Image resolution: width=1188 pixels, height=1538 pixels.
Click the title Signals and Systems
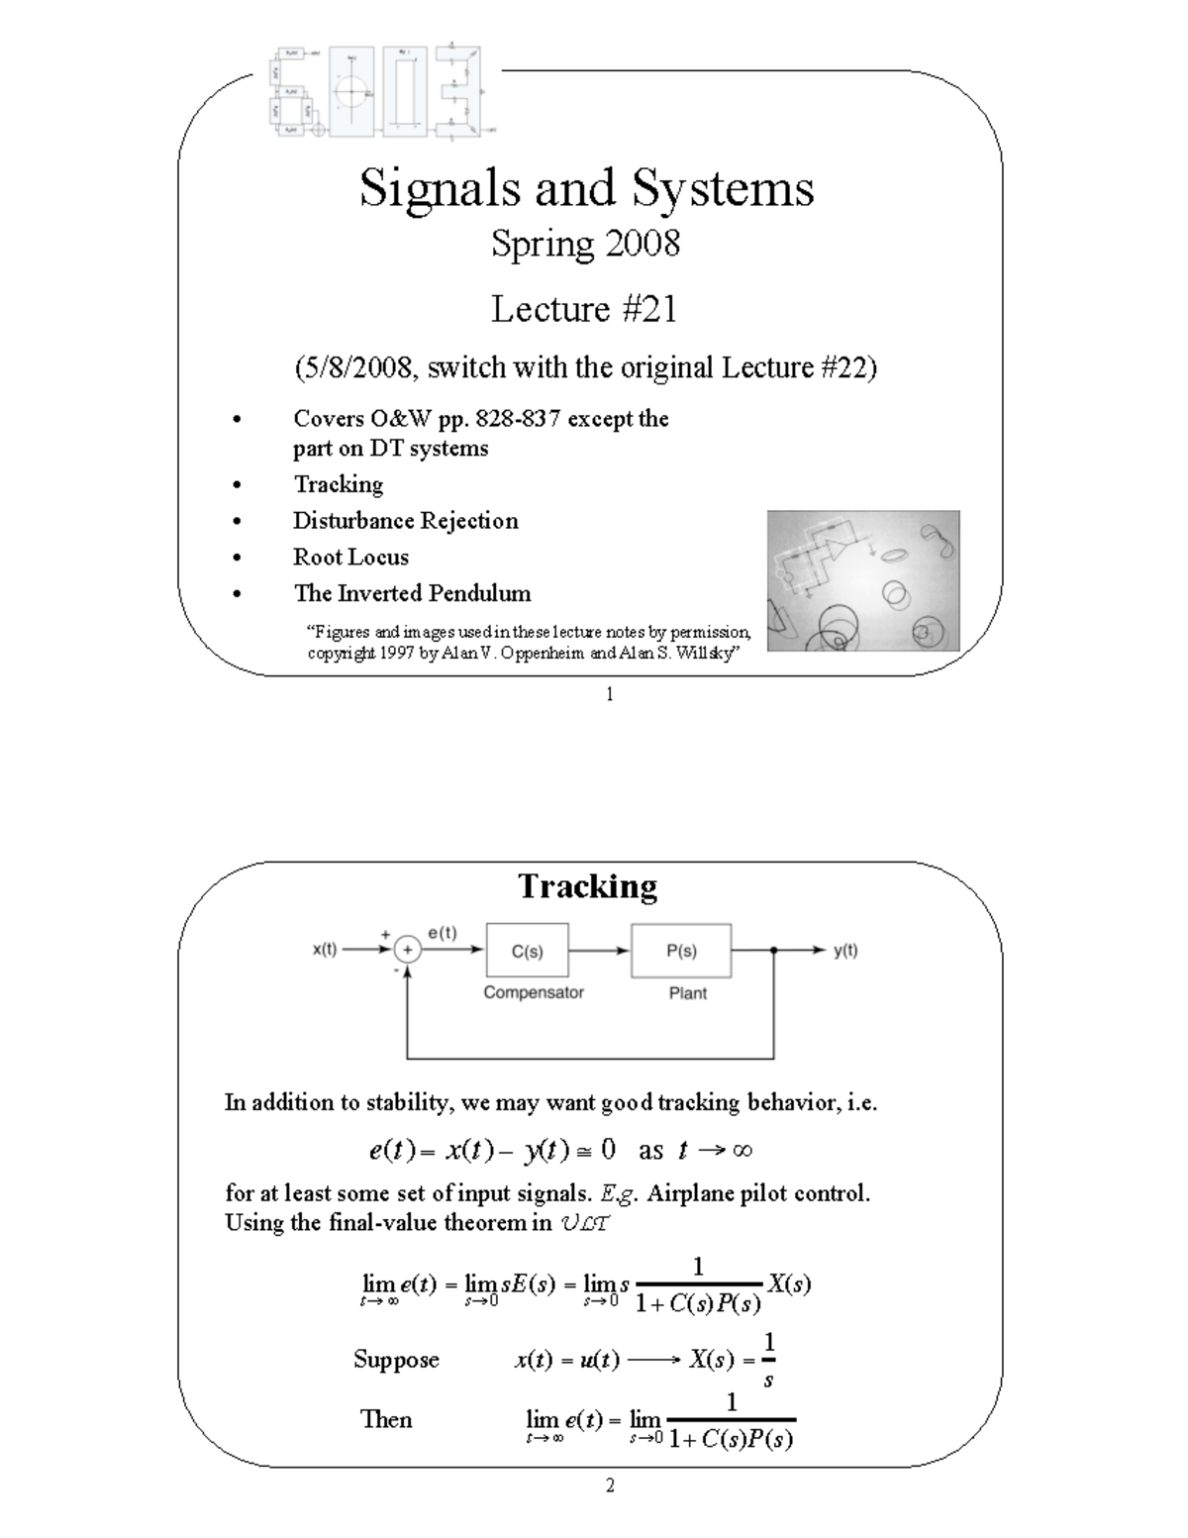[586, 188]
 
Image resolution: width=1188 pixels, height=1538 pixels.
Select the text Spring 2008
[586, 244]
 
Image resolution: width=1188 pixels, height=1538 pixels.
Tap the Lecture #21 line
[584, 310]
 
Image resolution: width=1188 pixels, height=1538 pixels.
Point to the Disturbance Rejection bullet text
[405, 521]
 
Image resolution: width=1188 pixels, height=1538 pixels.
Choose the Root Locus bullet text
[350, 557]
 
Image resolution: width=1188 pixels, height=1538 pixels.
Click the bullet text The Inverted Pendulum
[412, 593]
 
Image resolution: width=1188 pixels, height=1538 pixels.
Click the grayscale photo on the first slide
[862, 580]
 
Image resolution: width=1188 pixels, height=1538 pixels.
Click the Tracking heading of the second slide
[587, 886]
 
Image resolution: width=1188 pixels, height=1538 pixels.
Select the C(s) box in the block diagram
[527, 951]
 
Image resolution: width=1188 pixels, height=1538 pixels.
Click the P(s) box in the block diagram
[681, 951]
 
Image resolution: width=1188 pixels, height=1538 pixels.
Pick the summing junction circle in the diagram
[408, 951]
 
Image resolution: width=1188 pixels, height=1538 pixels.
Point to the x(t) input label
[325, 950]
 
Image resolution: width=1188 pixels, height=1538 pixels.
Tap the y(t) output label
[845, 950]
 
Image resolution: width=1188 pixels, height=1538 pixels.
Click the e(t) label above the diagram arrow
[443, 932]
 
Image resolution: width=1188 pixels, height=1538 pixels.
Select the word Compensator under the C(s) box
[534, 992]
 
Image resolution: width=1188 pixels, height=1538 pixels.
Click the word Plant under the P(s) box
[688, 993]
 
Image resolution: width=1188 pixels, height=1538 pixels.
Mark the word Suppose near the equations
[396, 1360]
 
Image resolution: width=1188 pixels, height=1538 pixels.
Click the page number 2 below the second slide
[610, 1485]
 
